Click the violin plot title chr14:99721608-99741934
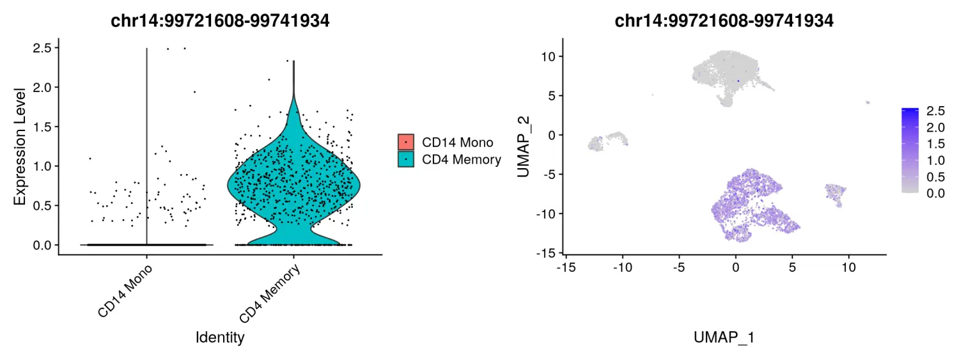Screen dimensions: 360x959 [x=221, y=20]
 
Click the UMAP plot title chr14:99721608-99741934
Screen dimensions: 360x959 [x=724, y=20]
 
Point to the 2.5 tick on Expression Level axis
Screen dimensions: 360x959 [x=43, y=48]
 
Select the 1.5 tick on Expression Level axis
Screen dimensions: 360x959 [x=43, y=127]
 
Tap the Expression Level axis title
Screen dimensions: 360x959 [x=20, y=146]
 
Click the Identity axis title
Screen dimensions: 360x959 [x=220, y=337]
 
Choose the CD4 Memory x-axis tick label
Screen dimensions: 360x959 [x=269, y=295]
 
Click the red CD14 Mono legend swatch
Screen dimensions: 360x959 [x=406, y=143]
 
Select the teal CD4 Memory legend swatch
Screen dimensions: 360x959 [x=406, y=159]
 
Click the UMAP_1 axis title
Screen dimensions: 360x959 [x=724, y=338]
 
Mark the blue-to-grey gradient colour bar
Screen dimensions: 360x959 [x=910, y=151]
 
